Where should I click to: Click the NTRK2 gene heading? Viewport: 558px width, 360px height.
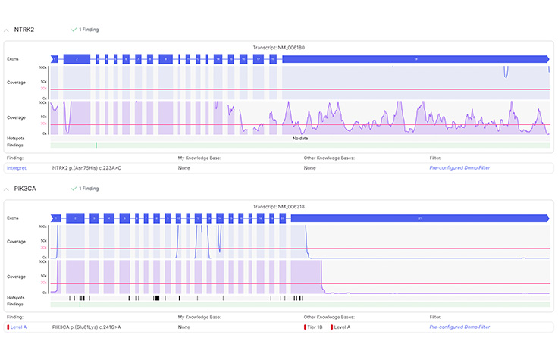pyautogui.click(x=24, y=30)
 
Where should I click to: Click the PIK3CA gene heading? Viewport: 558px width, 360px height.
pyautogui.click(x=26, y=188)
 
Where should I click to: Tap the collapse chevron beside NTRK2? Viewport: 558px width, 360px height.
pyautogui.click(x=7, y=30)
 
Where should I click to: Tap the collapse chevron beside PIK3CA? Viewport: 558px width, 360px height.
pyautogui.click(x=7, y=188)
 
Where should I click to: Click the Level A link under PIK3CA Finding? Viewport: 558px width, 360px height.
pyautogui.click(x=18, y=327)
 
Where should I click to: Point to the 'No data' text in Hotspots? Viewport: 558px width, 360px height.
pyautogui.click(x=299, y=139)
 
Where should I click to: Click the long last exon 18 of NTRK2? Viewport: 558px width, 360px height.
pyautogui.click(x=415, y=58)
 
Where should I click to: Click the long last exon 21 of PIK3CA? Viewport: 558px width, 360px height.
pyautogui.click(x=419, y=218)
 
